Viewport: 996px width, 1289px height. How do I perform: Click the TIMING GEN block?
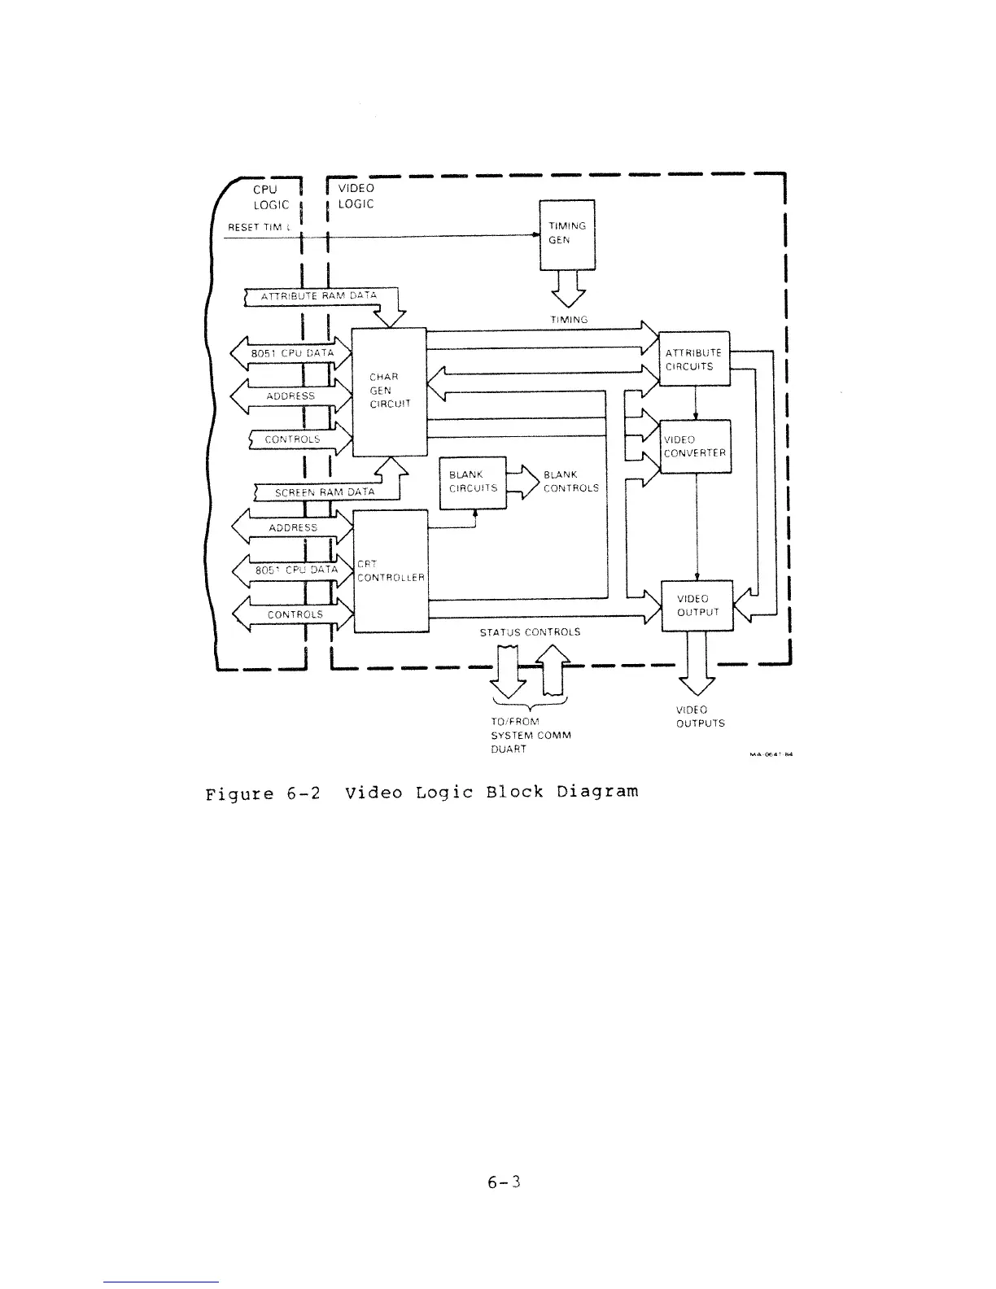pyautogui.click(x=567, y=234)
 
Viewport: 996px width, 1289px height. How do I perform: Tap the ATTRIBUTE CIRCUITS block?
pyautogui.click(x=693, y=359)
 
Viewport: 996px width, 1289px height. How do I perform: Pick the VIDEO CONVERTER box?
pyautogui.click(x=695, y=446)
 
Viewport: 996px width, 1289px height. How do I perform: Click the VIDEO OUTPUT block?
pyautogui.click(x=697, y=605)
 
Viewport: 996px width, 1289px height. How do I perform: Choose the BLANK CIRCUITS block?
pyautogui.click(x=473, y=482)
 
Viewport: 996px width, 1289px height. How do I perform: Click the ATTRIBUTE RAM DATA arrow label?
pyautogui.click(x=318, y=296)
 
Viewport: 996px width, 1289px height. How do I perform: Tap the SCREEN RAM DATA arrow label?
pyautogui.click(x=325, y=492)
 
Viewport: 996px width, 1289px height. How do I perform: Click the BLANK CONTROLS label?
pyautogui.click(x=570, y=481)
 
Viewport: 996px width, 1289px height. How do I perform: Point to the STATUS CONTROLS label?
pyautogui.click(x=530, y=631)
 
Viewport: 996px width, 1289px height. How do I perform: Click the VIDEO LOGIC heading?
pyautogui.click(x=356, y=196)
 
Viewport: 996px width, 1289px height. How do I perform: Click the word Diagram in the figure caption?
pyautogui.click(x=598, y=791)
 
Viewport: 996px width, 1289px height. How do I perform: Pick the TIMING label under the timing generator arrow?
pyautogui.click(x=569, y=320)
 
